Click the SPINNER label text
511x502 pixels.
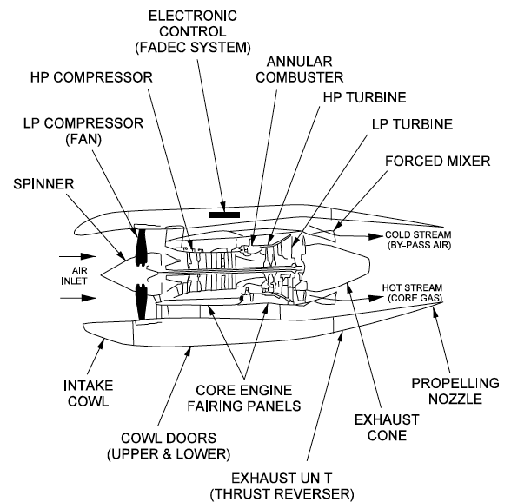click(43, 185)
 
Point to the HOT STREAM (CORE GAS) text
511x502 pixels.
click(413, 293)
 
